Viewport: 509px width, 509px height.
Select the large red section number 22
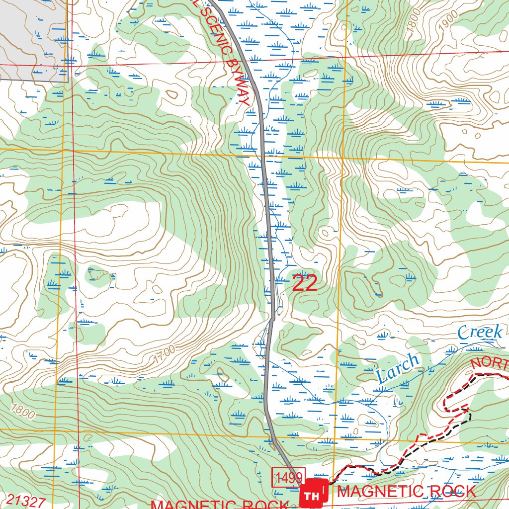click(x=304, y=283)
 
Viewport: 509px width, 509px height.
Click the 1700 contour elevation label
click(x=164, y=352)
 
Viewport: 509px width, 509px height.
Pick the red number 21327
click(x=26, y=501)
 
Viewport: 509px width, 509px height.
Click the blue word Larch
click(x=398, y=369)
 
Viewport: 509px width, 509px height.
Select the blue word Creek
click(x=480, y=332)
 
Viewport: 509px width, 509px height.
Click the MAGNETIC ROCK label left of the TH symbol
click(x=219, y=505)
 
